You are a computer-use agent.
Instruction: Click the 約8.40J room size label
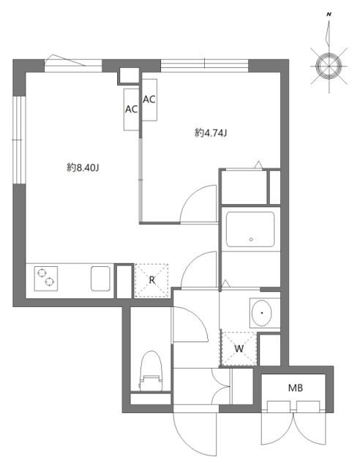(83, 167)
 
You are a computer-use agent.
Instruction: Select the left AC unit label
(132, 109)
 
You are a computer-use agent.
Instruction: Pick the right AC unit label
(149, 99)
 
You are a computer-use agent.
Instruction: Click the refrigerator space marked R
(151, 279)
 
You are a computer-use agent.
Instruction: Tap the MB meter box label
(295, 388)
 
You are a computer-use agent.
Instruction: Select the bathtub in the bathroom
(250, 230)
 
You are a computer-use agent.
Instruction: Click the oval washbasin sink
(261, 314)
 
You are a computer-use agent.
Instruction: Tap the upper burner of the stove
(41, 273)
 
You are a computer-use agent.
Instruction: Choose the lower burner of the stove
(50, 282)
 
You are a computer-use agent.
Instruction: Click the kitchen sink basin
(100, 279)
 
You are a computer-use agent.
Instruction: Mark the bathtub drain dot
(251, 238)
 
